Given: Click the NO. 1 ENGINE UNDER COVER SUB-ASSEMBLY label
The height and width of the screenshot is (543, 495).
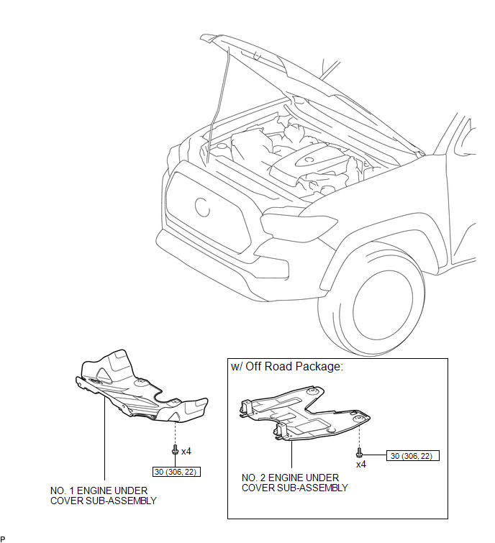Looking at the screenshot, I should [x=103, y=496].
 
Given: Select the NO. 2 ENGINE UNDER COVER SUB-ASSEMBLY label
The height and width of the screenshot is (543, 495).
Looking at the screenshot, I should [x=294, y=483].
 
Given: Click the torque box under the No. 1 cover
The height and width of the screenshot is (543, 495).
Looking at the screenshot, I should [x=176, y=473].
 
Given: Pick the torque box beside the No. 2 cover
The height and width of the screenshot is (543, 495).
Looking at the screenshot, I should [x=413, y=455].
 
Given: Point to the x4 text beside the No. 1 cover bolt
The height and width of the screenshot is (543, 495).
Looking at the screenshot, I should [x=186, y=452].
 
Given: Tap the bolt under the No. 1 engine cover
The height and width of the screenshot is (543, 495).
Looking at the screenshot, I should [x=175, y=450].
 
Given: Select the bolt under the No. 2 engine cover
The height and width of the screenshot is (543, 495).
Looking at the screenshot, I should [x=358, y=453].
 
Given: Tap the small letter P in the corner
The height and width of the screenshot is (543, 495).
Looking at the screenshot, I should [x=3, y=539].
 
